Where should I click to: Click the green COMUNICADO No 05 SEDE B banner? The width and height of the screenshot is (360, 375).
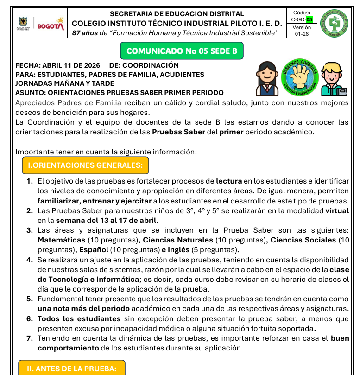pos(182,51)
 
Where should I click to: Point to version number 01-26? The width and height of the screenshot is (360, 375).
pos(302,34)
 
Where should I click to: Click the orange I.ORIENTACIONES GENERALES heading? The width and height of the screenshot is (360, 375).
pos(85,165)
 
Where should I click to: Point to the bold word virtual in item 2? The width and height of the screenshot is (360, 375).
pos(337,210)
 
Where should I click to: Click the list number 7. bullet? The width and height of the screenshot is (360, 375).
pos(29,338)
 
